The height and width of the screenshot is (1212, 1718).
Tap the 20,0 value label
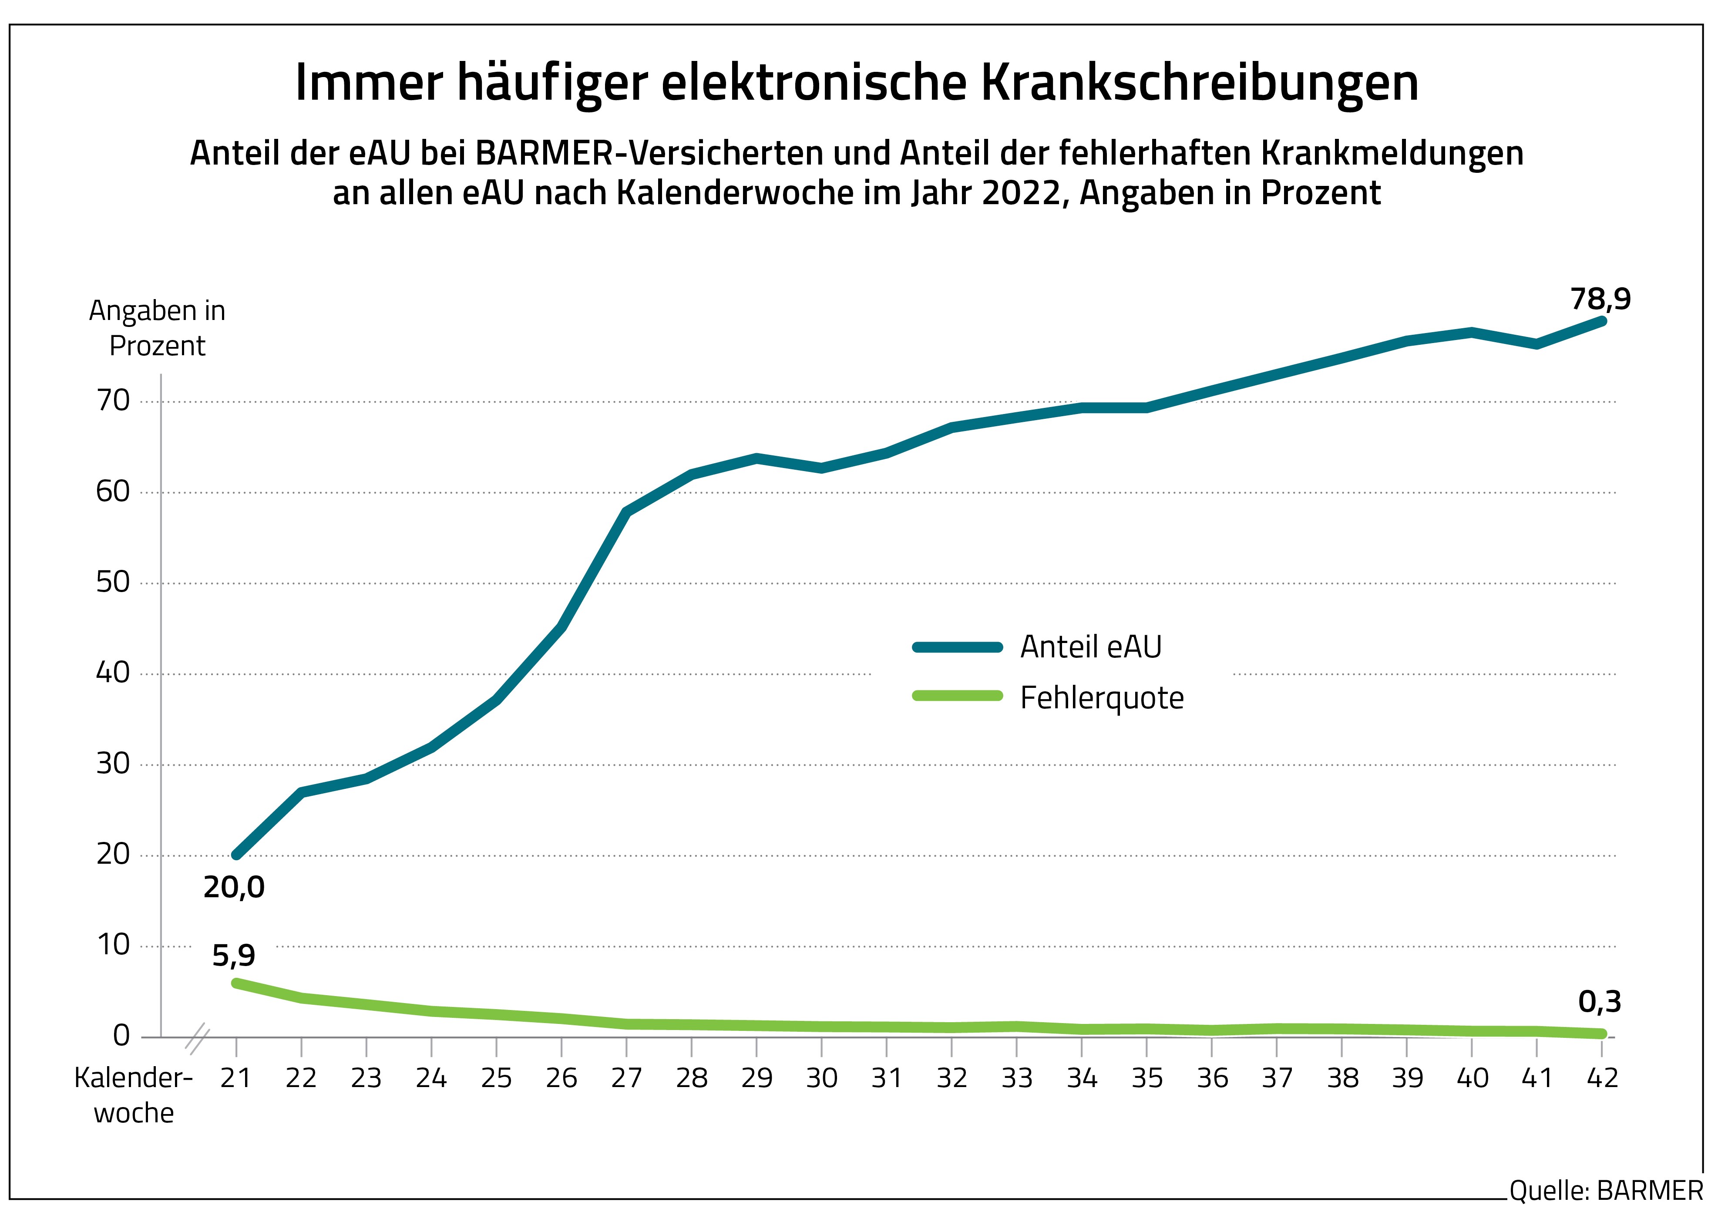click(234, 887)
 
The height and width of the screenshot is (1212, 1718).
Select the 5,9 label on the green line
click(233, 955)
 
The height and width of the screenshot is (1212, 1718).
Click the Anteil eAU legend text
click(1091, 647)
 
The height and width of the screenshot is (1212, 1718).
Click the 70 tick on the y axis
click(113, 401)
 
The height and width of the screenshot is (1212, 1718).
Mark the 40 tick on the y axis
click(113, 673)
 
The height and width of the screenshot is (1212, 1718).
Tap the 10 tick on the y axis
click(113, 946)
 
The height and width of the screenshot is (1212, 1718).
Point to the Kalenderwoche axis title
click(133, 1095)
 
